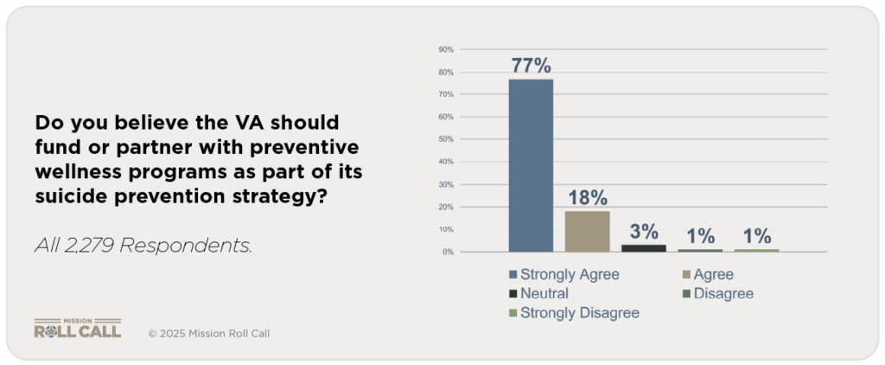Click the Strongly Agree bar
531,165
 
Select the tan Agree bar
587,231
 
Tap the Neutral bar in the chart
644,248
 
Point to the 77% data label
531,66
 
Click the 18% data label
588,198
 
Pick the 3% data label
644,232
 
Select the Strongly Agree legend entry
570,274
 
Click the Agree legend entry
712,274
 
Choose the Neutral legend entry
544,293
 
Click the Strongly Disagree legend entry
579,312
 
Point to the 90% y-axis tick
446,49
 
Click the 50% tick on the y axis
446,139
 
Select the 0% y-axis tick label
449,253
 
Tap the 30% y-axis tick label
446,185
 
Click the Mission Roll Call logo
77,329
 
